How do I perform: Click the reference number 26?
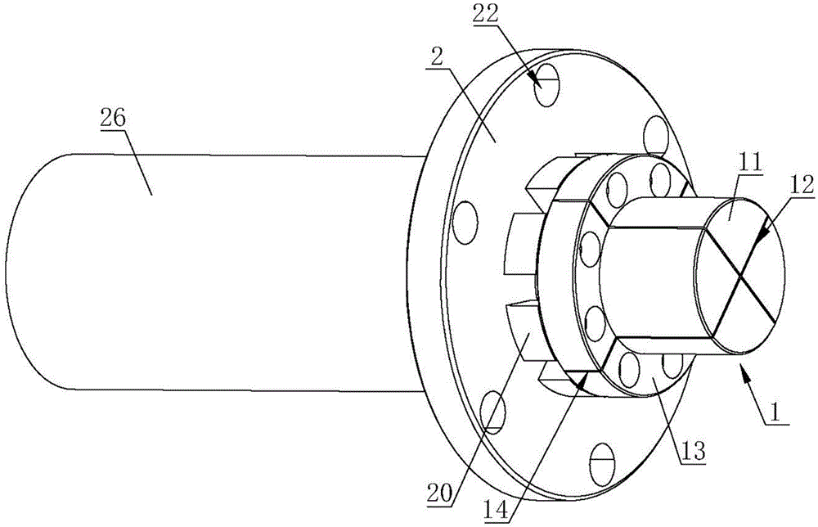point(113,119)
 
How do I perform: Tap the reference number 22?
point(486,15)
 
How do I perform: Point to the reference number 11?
point(748,164)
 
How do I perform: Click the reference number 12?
point(802,185)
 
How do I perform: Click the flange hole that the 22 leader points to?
point(546,85)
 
